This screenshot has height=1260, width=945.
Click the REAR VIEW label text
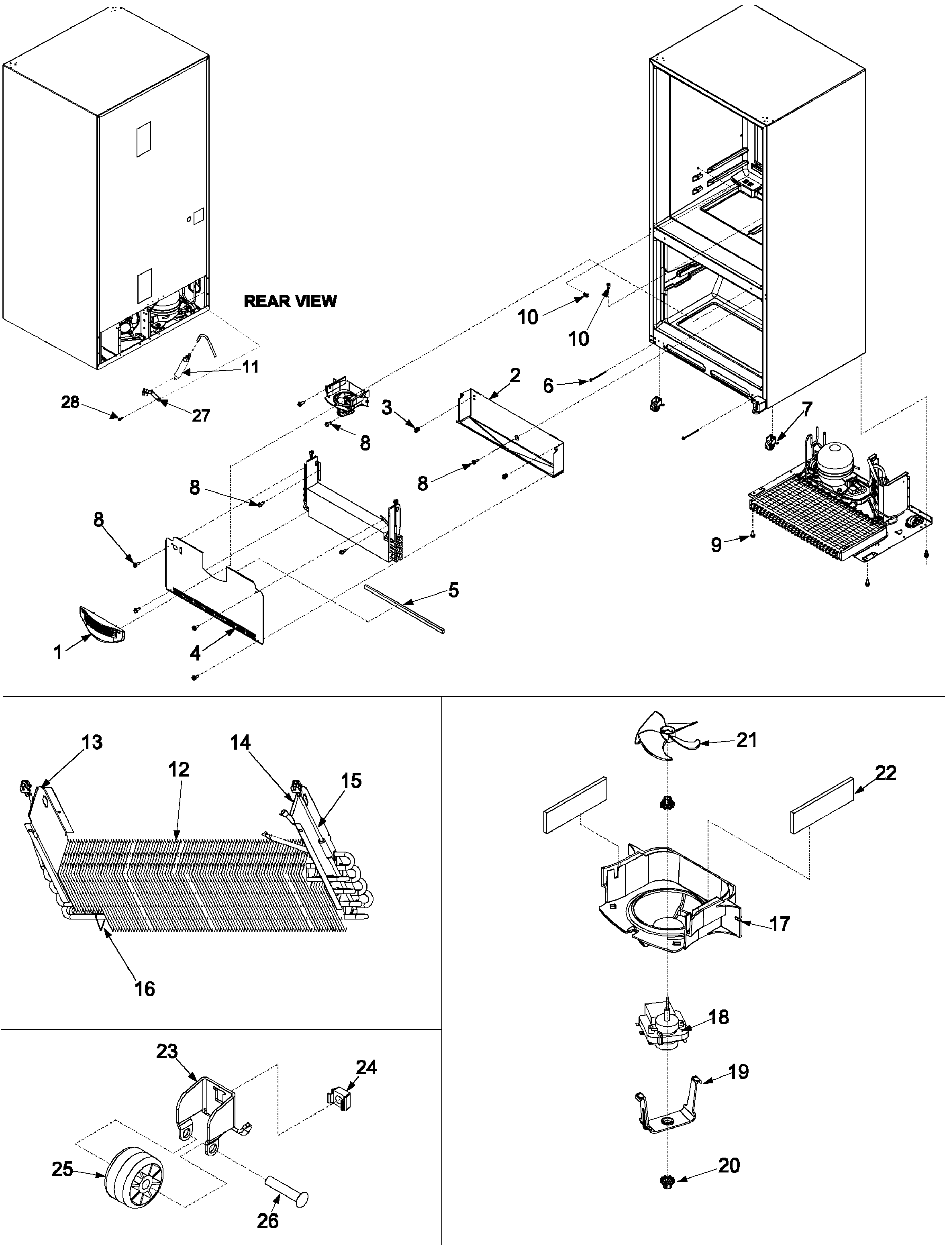coord(290,301)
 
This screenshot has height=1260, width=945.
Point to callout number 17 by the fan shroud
coord(780,924)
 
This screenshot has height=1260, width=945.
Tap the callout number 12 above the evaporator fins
coord(178,770)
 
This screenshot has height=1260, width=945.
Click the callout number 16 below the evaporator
coord(145,989)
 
